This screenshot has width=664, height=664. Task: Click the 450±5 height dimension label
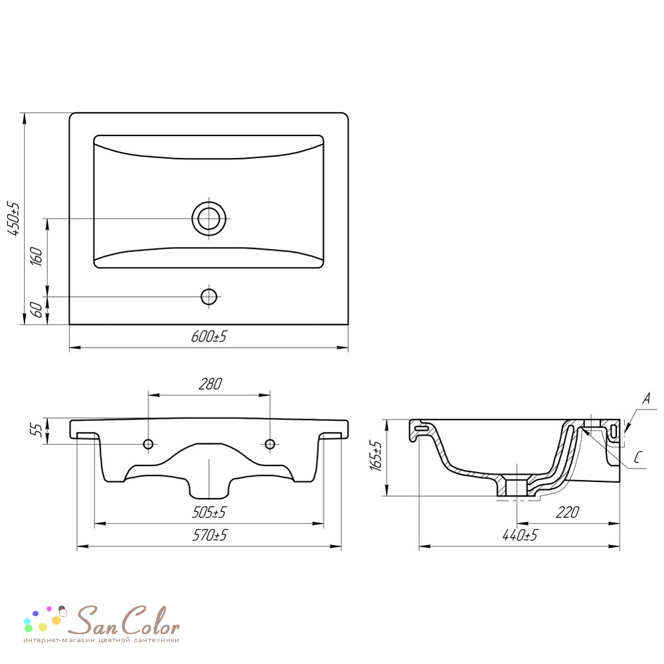[15, 218]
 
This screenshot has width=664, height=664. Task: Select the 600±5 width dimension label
[208, 337]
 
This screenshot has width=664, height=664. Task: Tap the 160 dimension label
[37, 256]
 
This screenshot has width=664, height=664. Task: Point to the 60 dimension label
[37, 309]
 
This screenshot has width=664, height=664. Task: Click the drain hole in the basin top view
[208, 218]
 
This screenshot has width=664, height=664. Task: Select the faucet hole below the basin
[208, 297]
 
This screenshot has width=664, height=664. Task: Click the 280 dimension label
[210, 384]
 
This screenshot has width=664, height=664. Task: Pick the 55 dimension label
[37, 430]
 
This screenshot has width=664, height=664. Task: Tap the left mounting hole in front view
[148, 444]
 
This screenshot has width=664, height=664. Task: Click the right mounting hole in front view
[270, 444]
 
